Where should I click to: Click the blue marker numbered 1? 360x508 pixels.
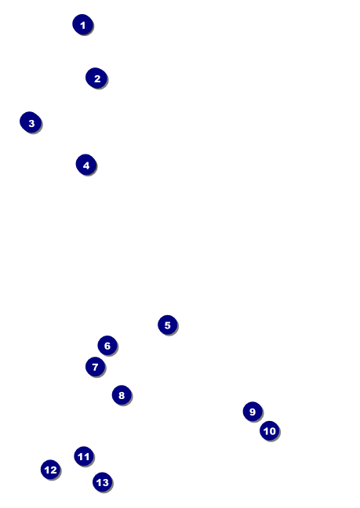point(83,24)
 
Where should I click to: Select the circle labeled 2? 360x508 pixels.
point(96,78)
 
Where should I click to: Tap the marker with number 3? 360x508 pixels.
point(31,122)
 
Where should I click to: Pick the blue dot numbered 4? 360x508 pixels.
point(86,165)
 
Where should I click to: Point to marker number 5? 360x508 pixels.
point(168,325)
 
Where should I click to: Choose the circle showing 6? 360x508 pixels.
point(107,346)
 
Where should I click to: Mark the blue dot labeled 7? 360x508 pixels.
point(95,367)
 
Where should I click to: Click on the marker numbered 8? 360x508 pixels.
point(122,395)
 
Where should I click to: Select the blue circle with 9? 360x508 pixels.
point(253,412)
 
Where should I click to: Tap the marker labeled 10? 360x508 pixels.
point(270,431)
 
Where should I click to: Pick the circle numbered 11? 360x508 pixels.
point(84,456)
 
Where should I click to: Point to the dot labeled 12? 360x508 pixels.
point(50,470)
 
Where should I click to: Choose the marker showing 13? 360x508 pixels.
point(103,482)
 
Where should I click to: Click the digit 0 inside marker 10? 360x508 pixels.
point(272,431)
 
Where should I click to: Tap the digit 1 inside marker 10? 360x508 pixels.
point(266,431)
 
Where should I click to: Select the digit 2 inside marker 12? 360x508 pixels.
point(53,470)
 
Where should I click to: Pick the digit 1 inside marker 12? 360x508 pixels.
point(47,470)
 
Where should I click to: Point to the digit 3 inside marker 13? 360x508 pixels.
point(105,482)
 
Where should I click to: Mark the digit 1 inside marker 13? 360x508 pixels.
point(99,482)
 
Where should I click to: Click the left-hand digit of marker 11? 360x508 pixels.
point(81,456)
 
